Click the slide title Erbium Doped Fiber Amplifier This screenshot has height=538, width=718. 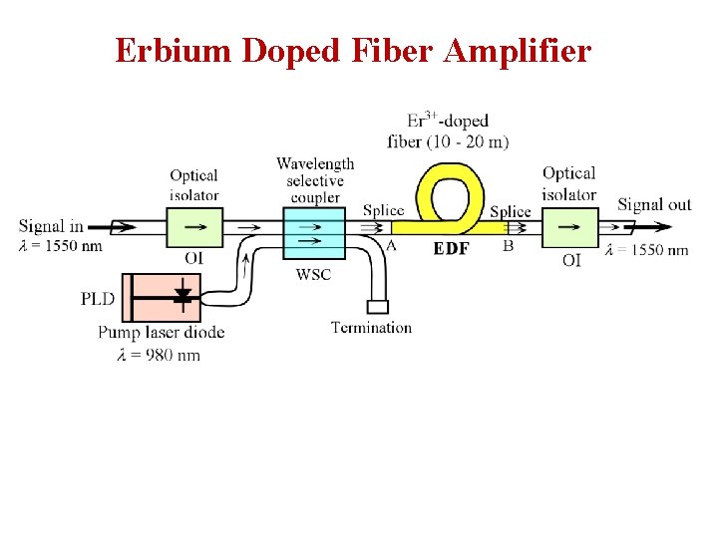click(353, 50)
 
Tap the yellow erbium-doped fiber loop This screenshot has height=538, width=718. click(450, 176)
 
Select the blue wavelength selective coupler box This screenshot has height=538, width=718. click(313, 235)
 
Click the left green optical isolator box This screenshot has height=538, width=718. click(194, 227)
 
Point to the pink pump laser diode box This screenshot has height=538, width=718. click(160, 297)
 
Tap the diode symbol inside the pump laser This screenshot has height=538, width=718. click(181, 296)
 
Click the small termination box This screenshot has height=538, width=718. click(377, 307)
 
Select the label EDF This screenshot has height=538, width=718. click(451, 249)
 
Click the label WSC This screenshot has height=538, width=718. click(312, 275)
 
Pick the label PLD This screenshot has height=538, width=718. click(98, 298)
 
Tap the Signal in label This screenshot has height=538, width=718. click(51, 225)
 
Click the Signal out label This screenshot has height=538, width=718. click(653, 205)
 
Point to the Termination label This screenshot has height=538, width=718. click(371, 327)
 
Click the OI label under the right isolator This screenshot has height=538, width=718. click(571, 261)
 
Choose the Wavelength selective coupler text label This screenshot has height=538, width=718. click(315, 180)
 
